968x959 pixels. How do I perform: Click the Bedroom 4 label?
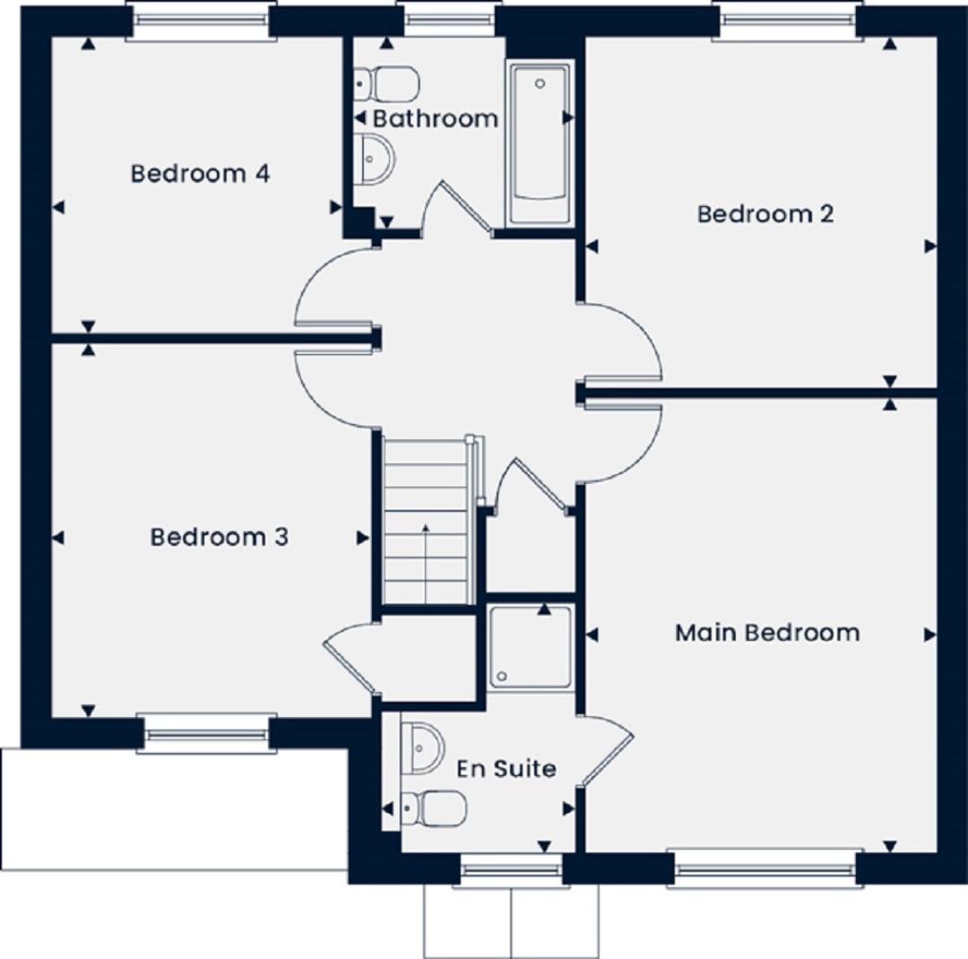(x=200, y=173)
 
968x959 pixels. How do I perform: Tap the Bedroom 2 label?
(x=765, y=214)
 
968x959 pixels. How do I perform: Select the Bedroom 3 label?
(x=219, y=537)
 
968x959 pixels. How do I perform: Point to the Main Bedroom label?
(x=767, y=633)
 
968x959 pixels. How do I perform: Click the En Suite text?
(x=506, y=769)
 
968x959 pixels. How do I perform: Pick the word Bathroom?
(x=435, y=118)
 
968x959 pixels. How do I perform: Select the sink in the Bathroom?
(x=376, y=160)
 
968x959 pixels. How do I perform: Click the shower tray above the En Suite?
(x=531, y=647)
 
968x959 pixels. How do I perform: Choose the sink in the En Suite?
(x=421, y=747)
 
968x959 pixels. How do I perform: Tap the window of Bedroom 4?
(x=200, y=21)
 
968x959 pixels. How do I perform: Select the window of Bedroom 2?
(x=787, y=21)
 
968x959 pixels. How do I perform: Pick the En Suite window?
(x=511, y=868)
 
